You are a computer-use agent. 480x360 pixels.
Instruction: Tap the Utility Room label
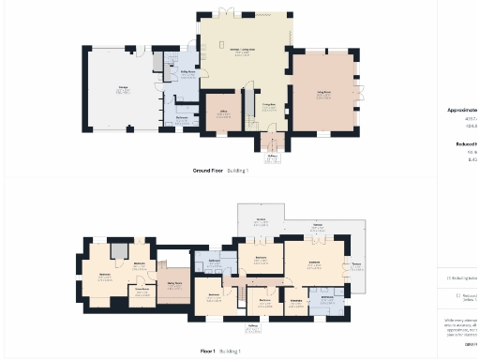[x=187, y=71]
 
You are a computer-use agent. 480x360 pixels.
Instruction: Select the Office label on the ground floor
[x=223, y=112]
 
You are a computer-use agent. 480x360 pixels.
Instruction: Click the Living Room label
[x=324, y=94]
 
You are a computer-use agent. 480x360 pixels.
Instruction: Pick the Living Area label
[x=267, y=104]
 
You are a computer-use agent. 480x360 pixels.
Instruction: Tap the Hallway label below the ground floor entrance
[x=272, y=157]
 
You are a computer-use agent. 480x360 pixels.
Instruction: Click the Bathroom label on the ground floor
[x=181, y=116]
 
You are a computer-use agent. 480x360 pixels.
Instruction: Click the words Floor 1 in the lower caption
[x=207, y=351]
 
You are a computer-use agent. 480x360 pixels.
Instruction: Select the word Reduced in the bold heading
[x=466, y=143]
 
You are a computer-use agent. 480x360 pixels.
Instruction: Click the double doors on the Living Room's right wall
[x=360, y=92]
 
